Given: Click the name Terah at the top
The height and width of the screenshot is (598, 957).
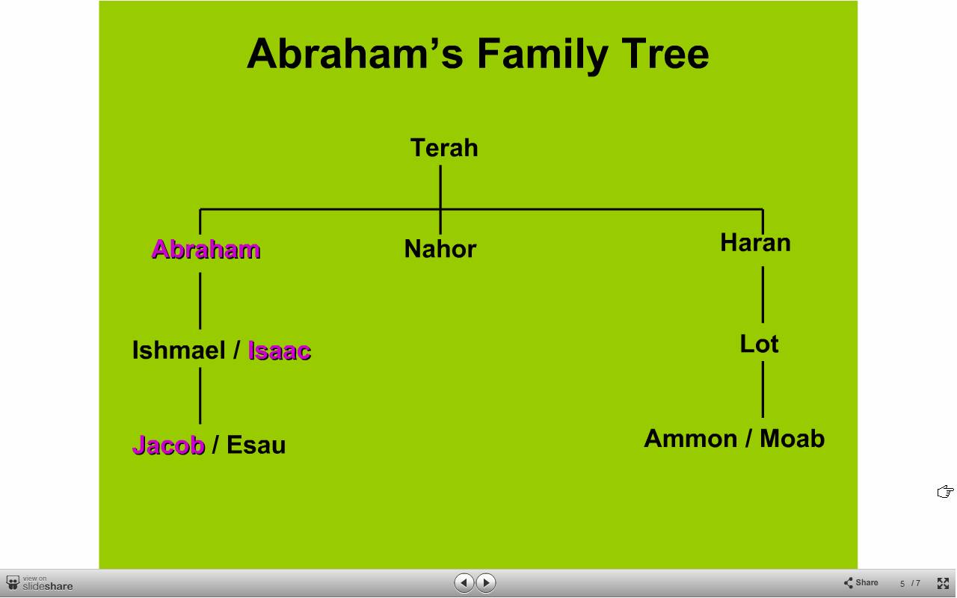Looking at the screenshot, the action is pyautogui.click(x=444, y=148).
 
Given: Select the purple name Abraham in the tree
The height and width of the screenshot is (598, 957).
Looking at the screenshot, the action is pyautogui.click(x=206, y=249).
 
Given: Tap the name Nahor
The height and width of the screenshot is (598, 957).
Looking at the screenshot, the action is pyautogui.click(x=440, y=249).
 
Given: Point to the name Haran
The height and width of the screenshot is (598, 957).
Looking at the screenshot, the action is pyautogui.click(x=755, y=243).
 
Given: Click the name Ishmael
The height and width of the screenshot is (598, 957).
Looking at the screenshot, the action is pyautogui.click(x=179, y=351).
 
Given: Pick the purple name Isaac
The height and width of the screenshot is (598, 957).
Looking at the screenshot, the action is pyautogui.click(x=280, y=351).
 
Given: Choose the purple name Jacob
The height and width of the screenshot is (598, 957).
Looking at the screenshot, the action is pyautogui.click(x=169, y=445).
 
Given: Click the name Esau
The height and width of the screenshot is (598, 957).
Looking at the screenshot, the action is pyautogui.click(x=256, y=445).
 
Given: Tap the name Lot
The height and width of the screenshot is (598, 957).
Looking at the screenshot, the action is pyautogui.click(x=759, y=344).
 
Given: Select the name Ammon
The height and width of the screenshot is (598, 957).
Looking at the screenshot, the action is pyautogui.click(x=690, y=439).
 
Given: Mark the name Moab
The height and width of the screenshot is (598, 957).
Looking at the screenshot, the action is pyautogui.click(x=792, y=439).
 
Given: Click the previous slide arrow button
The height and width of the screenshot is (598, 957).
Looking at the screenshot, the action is pyautogui.click(x=464, y=582).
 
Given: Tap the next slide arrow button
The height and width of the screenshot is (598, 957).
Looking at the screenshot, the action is pyautogui.click(x=486, y=582).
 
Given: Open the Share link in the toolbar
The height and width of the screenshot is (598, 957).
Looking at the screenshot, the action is pyautogui.click(x=861, y=582).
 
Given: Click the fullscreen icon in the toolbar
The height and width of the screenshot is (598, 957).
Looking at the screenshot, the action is pyautogui.click(x=943, y=583).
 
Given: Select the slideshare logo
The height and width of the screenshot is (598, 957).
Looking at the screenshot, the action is pyautogui.click(x=40, y=583).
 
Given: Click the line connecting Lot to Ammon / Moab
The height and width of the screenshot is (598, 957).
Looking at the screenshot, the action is pyautogui.click(x=763, y=389).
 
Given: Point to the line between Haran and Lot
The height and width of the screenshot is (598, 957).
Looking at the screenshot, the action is pyautogui.click(x=763, y=295).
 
